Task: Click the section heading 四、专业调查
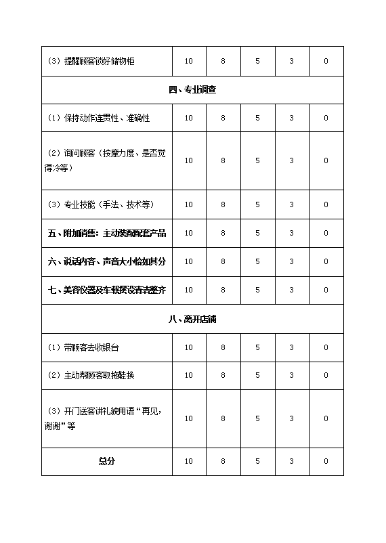click(192, 89)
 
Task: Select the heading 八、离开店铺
click(192, 319)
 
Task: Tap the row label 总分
click(106, 461)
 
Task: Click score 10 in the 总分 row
click(188, 461)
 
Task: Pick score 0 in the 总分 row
click(326, 461)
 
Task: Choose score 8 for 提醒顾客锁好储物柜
click(223, 61)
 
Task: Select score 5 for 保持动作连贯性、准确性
click(257, 118)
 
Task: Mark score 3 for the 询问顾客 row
click(291, 160)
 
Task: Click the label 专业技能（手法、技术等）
click(99, 204)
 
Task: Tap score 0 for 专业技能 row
click(326, 204)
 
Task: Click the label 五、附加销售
click(107, 233)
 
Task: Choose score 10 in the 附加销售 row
click(188, 233)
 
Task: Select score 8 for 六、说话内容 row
click(223, 261)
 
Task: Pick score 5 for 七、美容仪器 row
click(257, 290)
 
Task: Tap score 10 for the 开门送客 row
click(188, 418)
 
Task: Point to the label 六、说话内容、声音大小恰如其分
click(107, 261)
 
